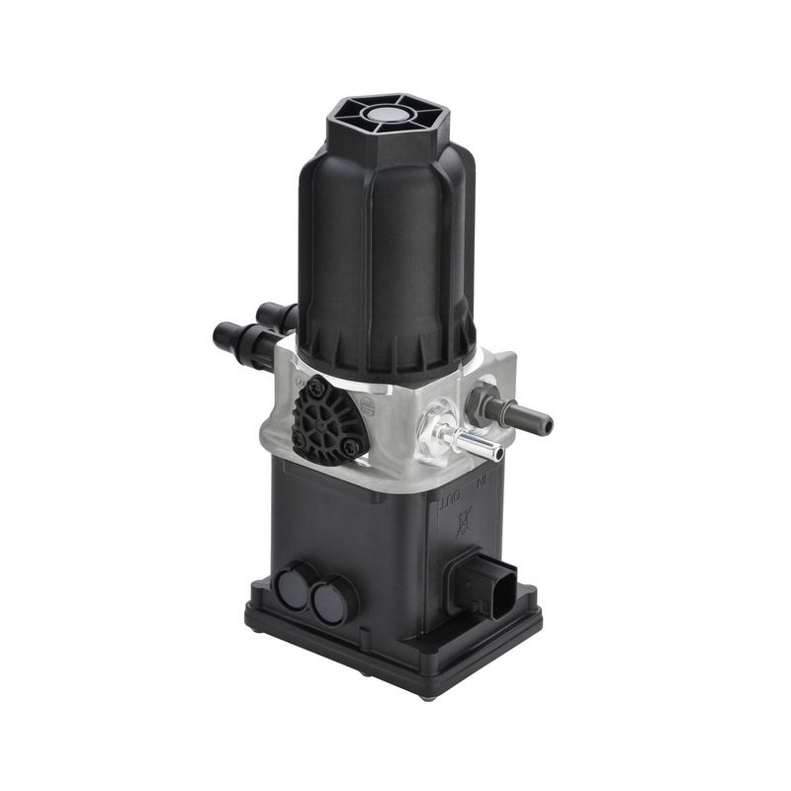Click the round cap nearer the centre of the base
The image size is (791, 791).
point(332,601)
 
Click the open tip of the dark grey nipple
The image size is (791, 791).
point(546,422)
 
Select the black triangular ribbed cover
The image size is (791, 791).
point(329,421)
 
